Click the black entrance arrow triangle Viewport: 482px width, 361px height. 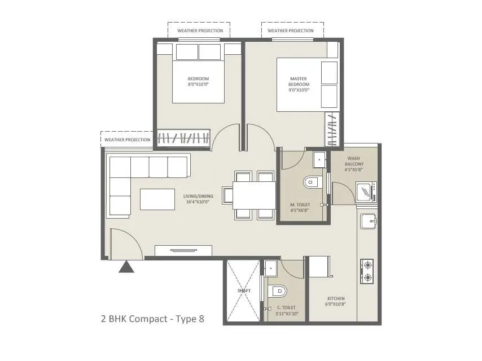126,267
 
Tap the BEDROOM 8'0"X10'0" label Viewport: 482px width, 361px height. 198,81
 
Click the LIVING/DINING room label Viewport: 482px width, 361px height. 196,199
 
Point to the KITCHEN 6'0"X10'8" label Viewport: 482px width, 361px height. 336,301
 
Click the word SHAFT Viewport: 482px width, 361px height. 244,290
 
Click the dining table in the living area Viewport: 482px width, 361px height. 253,195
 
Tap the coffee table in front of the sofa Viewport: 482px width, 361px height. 157,199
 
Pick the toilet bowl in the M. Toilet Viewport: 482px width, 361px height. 312,182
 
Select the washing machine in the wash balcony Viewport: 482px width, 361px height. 369,192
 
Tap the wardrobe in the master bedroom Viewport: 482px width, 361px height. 332,129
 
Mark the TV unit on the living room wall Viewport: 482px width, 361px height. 183,250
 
